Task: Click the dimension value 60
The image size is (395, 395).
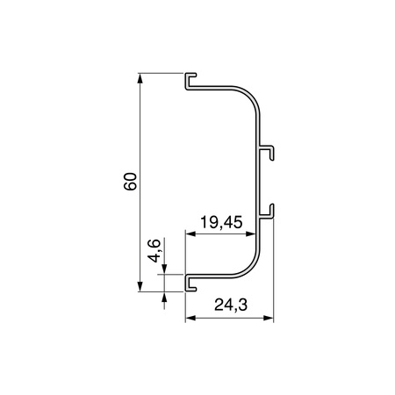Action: (130, 182)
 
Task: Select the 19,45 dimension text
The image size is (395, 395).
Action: (221, 222)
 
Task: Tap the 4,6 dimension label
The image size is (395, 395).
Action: (154, 251)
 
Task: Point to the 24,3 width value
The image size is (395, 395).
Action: (231, 305)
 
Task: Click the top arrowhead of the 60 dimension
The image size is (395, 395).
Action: (140, 78)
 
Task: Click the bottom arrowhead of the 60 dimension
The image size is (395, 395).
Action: (140, 286)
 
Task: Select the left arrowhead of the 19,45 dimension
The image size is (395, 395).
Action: (190, 233)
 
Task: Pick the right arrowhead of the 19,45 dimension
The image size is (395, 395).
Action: (250, 233)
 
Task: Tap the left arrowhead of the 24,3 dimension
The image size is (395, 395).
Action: (190, 318)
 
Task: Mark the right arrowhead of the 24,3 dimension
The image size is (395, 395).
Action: (268, 318)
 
